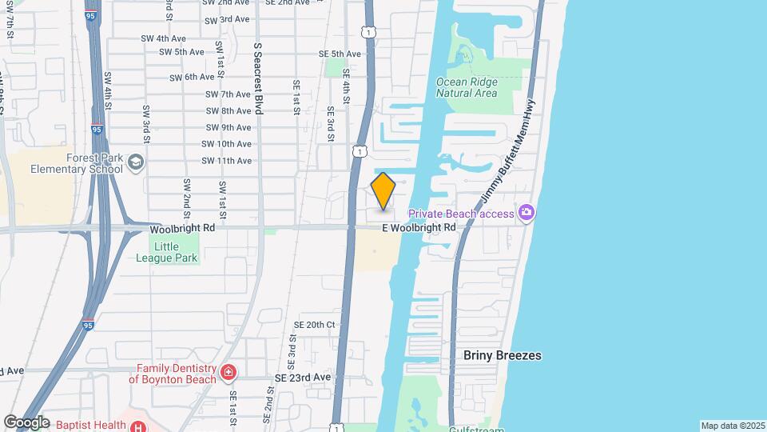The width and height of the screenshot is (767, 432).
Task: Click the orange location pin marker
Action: point(383,191)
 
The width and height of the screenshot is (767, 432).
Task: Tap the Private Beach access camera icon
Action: point(526,213)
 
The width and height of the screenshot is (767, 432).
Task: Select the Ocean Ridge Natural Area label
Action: point(467,87)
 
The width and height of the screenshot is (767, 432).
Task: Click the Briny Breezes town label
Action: point(503,355)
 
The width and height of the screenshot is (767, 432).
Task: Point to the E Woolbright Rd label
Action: point(419,228)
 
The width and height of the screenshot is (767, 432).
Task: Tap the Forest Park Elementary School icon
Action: point(137,162)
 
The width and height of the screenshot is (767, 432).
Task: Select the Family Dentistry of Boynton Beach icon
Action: point(229,373)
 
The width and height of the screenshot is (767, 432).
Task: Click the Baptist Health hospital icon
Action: point(137,426)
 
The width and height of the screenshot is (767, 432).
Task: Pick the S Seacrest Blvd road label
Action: point(258,78)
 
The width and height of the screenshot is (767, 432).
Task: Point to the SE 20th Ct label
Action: point(313,325)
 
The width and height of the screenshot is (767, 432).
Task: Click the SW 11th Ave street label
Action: point(229,161)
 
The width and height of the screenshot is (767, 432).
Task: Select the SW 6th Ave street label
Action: point(193,77)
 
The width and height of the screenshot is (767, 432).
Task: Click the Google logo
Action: point(27,422)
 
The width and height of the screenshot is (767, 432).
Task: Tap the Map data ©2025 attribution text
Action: point(733,426)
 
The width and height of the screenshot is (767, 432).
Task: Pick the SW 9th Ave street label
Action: point(229,127)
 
